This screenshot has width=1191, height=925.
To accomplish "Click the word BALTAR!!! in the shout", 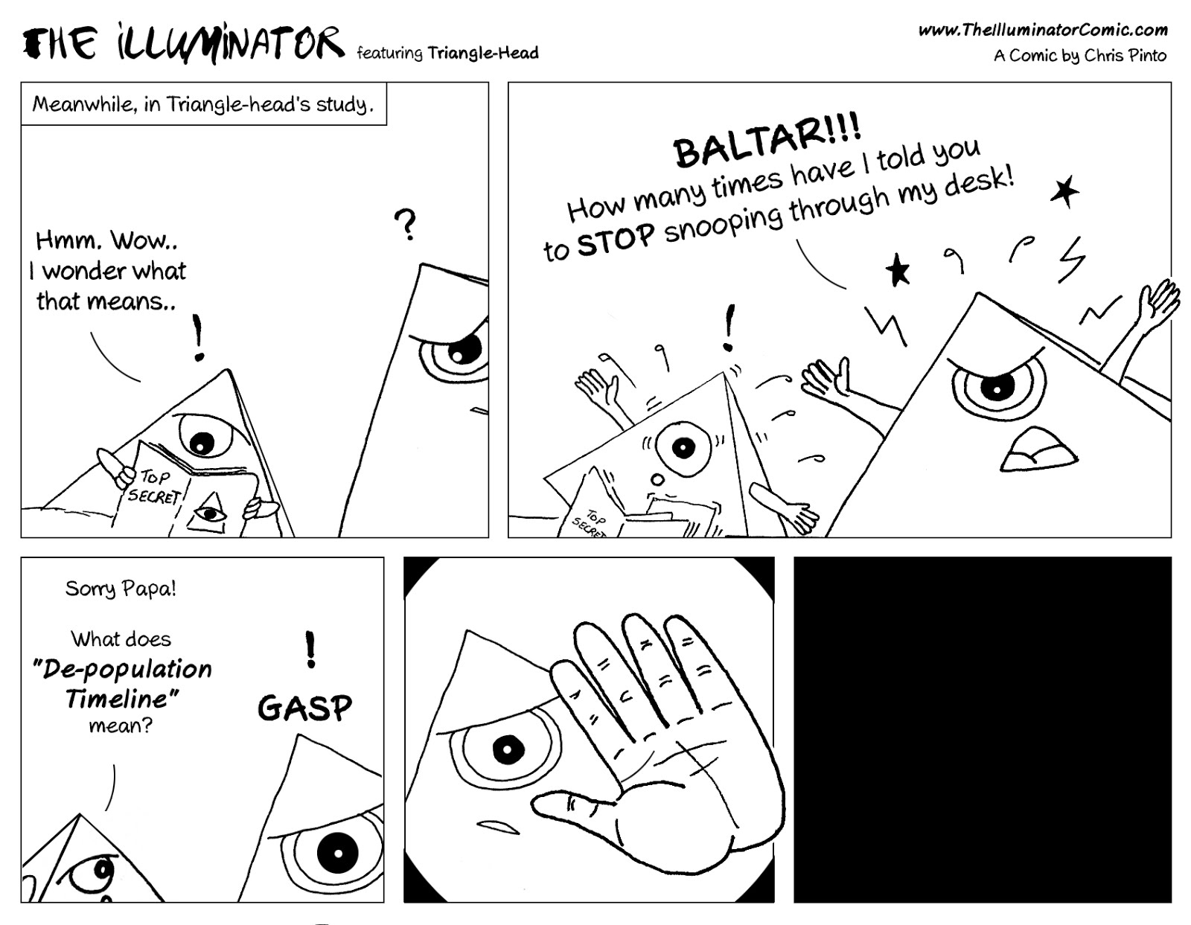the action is [x=767, y=142].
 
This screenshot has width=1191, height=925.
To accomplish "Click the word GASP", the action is [x=304, y=708].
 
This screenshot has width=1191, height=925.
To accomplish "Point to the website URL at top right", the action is [x=1042, y=30].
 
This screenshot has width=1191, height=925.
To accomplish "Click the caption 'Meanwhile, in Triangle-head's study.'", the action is [x=202, y=104].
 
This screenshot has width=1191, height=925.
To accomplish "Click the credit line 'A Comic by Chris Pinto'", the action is [x=1079, y=56].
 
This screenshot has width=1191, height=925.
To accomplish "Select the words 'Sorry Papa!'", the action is [x=121, y=589].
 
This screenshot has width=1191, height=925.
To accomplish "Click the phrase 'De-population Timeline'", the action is [x=123, y=683].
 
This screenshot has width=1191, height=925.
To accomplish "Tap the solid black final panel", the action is [x=982, y=729].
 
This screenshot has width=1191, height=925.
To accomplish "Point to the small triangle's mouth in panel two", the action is [x=656, y=480].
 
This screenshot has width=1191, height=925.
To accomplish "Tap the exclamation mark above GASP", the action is [x=310, y=648].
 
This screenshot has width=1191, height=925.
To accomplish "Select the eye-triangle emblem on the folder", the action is [x=211, y=513].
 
